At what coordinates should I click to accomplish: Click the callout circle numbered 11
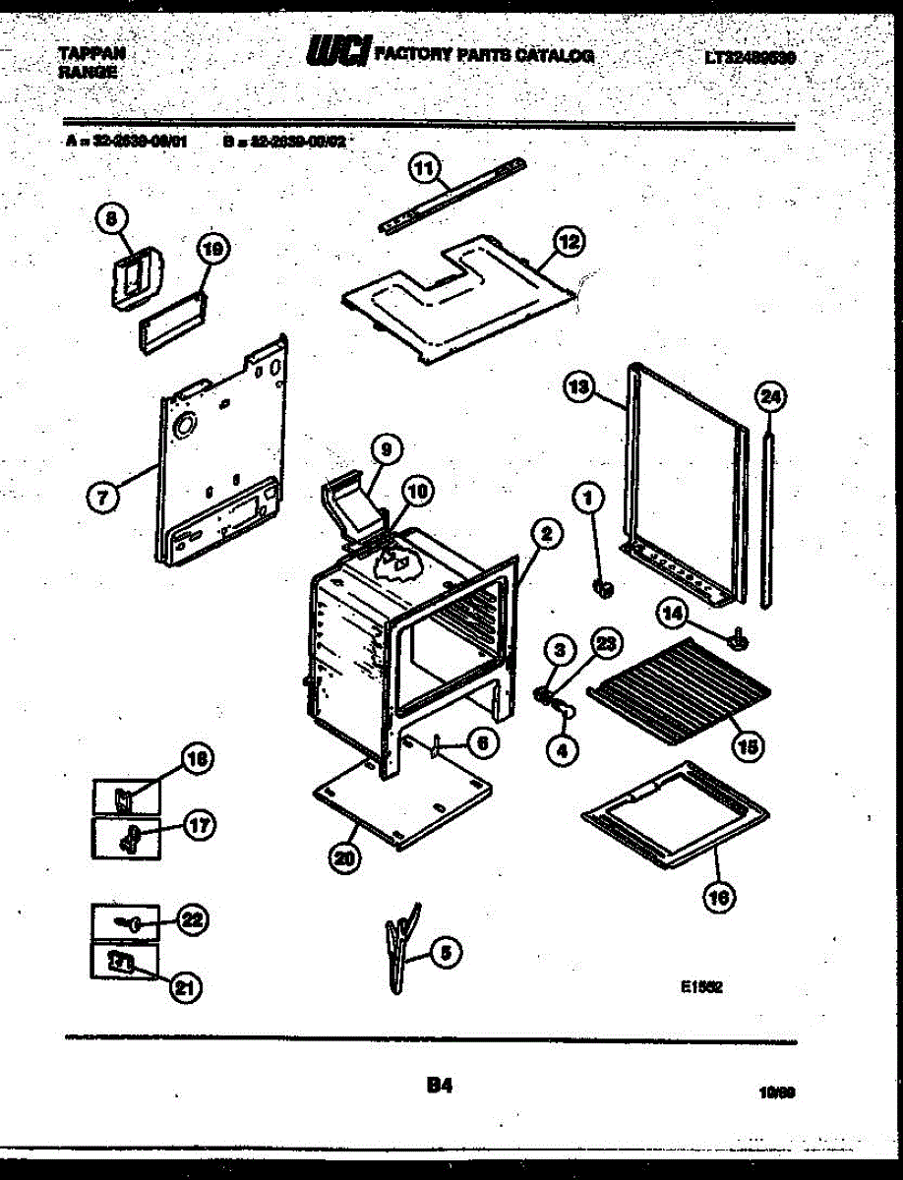point(423,169)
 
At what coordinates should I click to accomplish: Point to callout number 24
point(771,398)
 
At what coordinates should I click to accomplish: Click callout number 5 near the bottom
point(446,952)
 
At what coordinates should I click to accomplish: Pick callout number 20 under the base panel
point(344,857)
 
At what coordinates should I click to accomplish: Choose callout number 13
point(579,388)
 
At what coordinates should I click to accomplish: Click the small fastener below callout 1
point(604,589)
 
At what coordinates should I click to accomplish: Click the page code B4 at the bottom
point(439,1086)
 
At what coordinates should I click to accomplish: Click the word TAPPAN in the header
point(91,54)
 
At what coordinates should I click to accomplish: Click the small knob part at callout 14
point(738,641)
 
